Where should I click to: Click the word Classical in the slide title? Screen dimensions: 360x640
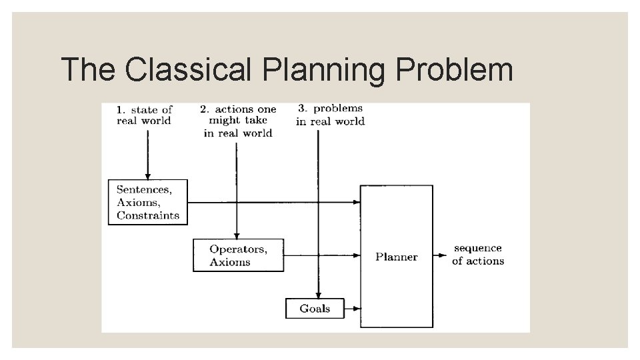point(189,69)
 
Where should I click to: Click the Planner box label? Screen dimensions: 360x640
point(396,257)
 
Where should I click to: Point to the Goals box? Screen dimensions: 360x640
point(315,308)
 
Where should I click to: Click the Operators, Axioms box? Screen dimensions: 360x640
point(238,255)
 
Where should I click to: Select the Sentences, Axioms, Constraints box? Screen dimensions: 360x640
point(148,202)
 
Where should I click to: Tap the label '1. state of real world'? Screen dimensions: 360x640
point(144,115)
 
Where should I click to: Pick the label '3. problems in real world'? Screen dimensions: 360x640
point(330,115)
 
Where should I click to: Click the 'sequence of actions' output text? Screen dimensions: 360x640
point(477,255)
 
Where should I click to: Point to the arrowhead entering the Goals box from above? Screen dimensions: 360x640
point(319,295)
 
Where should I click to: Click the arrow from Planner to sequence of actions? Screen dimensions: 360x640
point(441,255)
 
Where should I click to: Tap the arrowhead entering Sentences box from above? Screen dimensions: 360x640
point(148,175)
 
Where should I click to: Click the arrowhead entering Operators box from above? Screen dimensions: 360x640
point(237,235)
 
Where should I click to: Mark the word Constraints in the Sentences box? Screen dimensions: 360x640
point(148,215)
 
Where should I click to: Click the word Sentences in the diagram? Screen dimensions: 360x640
point(144,189)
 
